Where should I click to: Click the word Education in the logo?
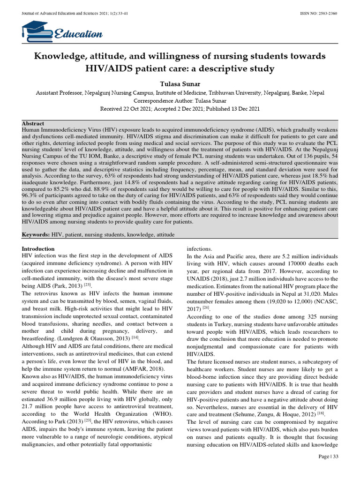pos(78,34)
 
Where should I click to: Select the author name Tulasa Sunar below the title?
pos(180,83)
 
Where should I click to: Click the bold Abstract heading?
pos(33,123)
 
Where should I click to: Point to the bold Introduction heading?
pos(38,248)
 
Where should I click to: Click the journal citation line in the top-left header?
pos(70,13)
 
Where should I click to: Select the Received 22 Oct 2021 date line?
pos(180,108)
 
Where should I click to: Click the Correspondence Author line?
pos(180,101)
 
